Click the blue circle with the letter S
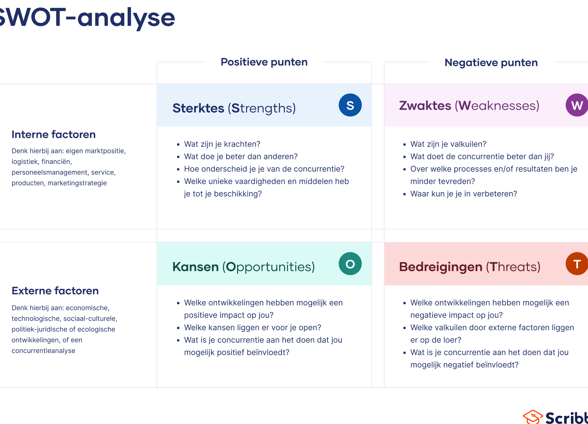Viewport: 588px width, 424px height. [350, 105]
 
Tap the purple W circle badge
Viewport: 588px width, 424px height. [577, 105]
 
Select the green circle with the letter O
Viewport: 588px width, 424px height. [350, 264]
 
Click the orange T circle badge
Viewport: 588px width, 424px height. [577, 264]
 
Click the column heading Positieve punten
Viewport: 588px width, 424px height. [264, 62]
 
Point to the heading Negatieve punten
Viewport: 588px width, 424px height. [491, 63]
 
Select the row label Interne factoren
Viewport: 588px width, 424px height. [54, 134]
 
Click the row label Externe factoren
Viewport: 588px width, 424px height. [55, 291]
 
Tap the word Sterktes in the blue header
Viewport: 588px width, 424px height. [198, 108]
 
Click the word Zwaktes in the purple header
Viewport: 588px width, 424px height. [425, 106]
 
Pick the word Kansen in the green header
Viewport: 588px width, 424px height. [196, 267]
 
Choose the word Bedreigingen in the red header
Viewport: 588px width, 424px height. [441, 267]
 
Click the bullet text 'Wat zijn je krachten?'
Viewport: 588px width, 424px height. [222, 144]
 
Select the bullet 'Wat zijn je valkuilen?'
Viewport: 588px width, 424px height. [448, 144]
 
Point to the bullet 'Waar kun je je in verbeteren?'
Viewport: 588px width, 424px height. [464, 194]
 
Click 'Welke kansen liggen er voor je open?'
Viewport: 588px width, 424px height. [253, 327]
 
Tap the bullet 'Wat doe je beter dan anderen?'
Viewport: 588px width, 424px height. [241, 156]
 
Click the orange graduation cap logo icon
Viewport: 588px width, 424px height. [533, 417]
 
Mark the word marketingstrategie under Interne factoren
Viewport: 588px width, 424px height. [77, 183]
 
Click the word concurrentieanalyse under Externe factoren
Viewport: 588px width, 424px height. [43, 351]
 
